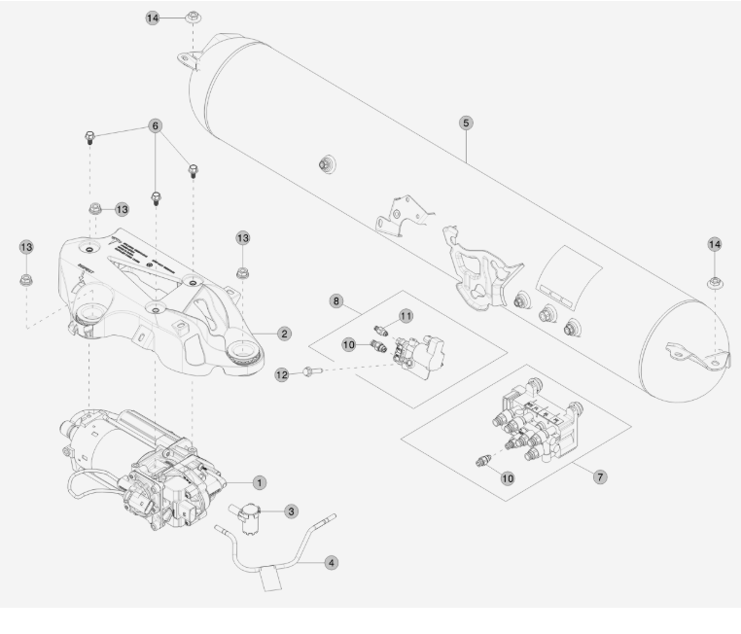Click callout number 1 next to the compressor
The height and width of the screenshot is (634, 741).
(x=259, y=481)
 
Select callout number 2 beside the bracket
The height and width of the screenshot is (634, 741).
(x=284, y=334)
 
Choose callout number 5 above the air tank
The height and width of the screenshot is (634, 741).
(x=466, y=123)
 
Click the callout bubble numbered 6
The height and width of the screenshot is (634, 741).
(x=155, y=126)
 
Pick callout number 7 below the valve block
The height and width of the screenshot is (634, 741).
(x=600, y=478)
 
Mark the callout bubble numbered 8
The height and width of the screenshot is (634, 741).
(x=337, y=302)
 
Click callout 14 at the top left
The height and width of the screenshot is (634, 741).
(x=153, y=18)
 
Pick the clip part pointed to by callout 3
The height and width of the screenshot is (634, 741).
(x=251, y=511)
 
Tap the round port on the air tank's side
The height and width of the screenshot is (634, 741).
(x=325, y=164)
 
